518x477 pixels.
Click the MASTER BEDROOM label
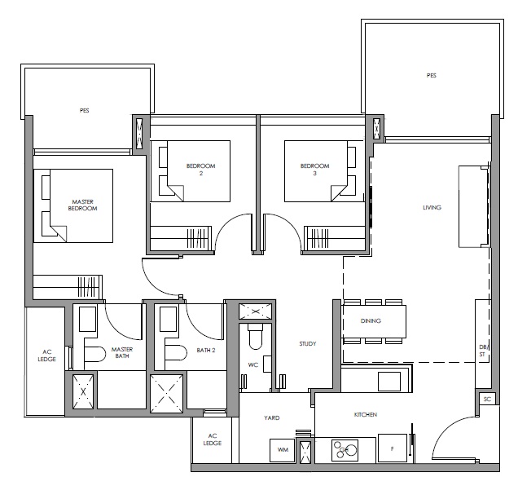(x=82, y=205)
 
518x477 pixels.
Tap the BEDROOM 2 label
(x=201, y=170)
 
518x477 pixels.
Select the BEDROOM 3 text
(x=315, y=170)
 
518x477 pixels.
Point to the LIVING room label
(x=432, y=207)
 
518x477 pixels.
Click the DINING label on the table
(x=371, y=320)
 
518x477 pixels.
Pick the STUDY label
(x=308, y=344)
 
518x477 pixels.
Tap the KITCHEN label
(x=366, y=414)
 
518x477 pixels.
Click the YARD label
(x=272, y=417)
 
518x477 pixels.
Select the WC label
(x=253, y=364)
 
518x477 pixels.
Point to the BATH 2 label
(x=206, y=350)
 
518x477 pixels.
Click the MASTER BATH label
(x=122, y=352)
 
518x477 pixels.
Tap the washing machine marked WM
(x=283, y=450)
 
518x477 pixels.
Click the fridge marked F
(x=393, y=448)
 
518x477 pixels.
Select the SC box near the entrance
(x=487, y=400)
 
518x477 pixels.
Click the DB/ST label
(x=483, y=351)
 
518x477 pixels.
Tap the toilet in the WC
(x=256, y=336)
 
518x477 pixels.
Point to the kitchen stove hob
(x=345, y=450)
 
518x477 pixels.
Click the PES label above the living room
(x=431, y=75)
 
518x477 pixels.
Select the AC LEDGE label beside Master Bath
(x=47, y=356)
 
